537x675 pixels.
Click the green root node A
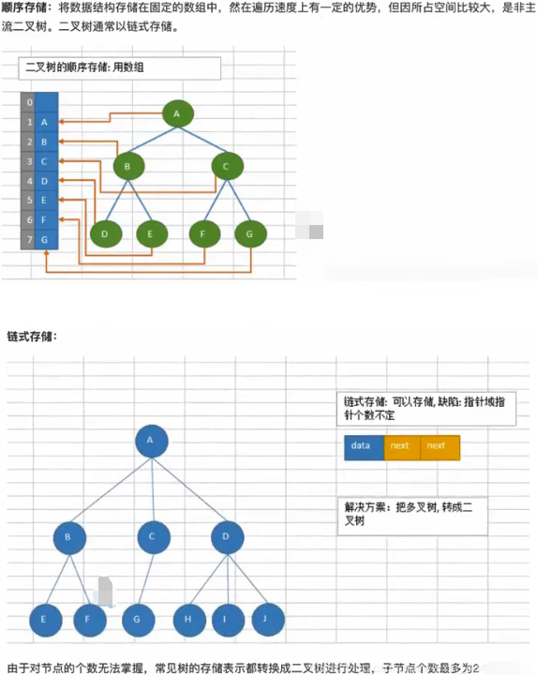click(178, 113)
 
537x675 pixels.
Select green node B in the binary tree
click(128, 166)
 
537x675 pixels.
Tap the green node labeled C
click(228, 166)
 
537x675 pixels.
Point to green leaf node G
click(251, 233)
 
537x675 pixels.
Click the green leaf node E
click(152, 233)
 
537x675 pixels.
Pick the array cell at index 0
click(47, 102)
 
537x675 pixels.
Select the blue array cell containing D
click(47, 181)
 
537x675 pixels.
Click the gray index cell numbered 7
click(28, 239)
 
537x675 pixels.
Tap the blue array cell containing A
click(47, 122)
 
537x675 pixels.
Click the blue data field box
click(364, 448)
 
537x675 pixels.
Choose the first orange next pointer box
click(402, 448)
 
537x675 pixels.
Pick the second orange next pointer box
click(440, 448)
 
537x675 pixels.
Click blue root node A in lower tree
click(152, 442)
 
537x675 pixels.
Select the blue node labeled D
click(228, 537)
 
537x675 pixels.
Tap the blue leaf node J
click(268, 620)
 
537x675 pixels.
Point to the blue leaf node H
click(189, 620)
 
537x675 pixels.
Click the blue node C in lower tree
click(154, 537)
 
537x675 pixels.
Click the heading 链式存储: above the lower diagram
click(32, 337)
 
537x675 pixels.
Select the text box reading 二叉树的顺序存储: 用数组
click(120, 68)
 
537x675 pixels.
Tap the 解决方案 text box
click(412, 517)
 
